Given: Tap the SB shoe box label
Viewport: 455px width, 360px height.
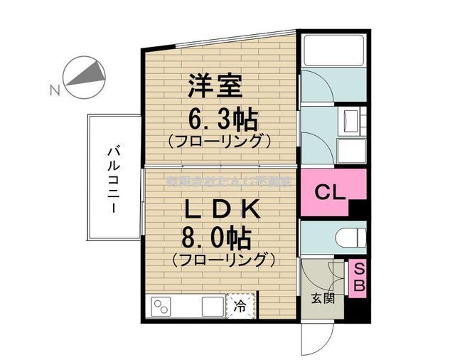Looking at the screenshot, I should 358,278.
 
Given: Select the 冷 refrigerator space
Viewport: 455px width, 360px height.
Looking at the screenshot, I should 241,307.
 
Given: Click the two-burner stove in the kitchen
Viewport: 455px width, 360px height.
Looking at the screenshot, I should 161,307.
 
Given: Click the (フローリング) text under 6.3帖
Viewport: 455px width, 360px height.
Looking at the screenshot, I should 220,141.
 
